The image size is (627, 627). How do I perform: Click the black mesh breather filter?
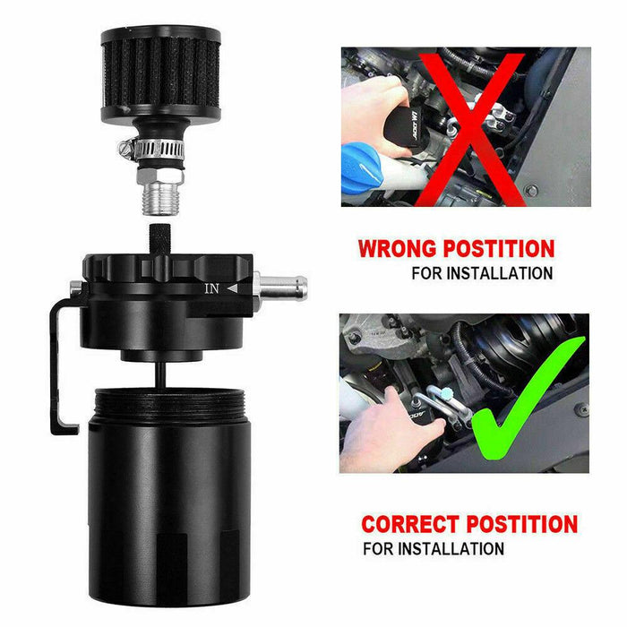pos(161,74)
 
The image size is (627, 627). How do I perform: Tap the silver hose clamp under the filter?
pos(153,149)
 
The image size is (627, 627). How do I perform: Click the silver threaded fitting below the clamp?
pos(160,193)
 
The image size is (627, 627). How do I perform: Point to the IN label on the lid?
pos(211,288)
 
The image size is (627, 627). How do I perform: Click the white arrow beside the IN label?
pos(233,288)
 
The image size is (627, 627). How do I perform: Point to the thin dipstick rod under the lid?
pos(159,374)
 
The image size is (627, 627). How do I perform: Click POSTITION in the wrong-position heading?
pos(499,249)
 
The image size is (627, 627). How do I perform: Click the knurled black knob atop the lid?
pos(160,239)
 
